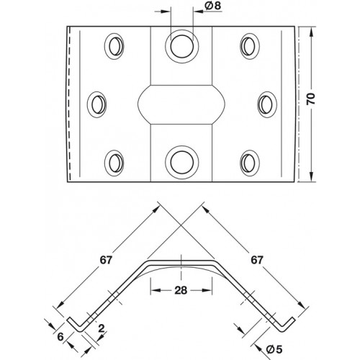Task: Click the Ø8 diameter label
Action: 212,6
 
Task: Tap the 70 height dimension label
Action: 311,99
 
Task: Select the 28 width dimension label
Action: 181,290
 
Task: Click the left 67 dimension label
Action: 106,260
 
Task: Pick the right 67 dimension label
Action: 257,260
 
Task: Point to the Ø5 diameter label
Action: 274,349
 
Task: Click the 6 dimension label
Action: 60,337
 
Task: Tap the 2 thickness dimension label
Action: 102,328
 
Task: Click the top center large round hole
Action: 182,46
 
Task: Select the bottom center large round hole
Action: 182,162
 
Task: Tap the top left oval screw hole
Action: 114,46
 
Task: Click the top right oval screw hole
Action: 250,46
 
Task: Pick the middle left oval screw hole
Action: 96,104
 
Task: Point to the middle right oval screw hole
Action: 267,104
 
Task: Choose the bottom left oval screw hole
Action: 114,163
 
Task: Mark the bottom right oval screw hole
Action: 250,163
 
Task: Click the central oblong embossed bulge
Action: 181,104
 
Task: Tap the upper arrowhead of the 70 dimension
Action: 311,32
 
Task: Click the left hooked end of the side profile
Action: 74,325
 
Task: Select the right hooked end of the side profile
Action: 287,325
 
